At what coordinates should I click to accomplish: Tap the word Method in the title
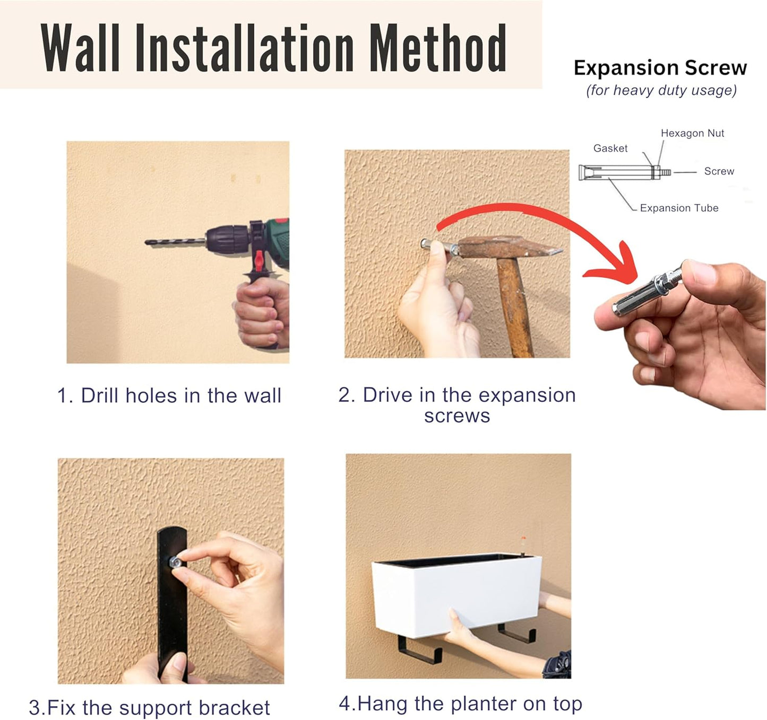(x=438, y=48)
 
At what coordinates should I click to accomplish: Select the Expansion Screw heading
(x=660, y=67)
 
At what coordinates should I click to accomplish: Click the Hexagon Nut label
(x=692, y=133)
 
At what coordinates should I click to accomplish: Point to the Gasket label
(x=610, y=148)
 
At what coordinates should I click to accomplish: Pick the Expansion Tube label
(x=679, y=208)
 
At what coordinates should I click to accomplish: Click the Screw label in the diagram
(x=719, y=171)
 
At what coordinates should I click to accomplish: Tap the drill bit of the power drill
(x=175, y=242)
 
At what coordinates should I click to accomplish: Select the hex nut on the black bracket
(x=175, y=562)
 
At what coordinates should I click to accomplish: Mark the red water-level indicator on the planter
(x=523, y=540)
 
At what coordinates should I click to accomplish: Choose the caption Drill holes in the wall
(x=169, y=396)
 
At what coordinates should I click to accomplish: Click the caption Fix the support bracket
(x=150, y=707)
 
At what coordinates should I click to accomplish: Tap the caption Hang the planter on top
(x=460, y=704)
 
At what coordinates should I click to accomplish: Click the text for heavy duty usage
(x=661, y=90)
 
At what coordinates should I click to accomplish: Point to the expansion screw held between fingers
(x=647, y=293)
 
